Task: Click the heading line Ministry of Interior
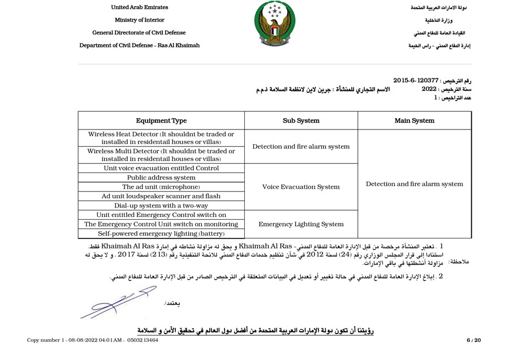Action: click(x=139, y=20)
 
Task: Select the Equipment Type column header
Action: click(x=161, y=120)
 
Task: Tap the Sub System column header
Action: click(x=301, y=120)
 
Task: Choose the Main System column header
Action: click(x=415, y=120)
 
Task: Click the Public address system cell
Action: click(x=161, y=177)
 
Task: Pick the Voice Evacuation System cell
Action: click(x=301, y=187)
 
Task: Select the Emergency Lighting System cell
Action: click(x=301, y=224)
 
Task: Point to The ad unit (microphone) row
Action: click(x=161, y=187)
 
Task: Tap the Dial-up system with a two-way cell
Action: click(x=161, y=206)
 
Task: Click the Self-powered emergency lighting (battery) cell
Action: click(x=161, y=233)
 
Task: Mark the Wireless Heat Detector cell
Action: click(x=161, y=138)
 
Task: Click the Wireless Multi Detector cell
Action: click(x=161, y=155)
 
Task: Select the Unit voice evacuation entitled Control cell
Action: click(x=161, y=168)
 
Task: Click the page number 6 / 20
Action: click(x=473, y=340)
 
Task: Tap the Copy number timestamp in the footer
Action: click(x=93, y=340)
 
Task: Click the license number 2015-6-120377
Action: click(x=416, y=81)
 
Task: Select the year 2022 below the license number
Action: click(x=429, y=89)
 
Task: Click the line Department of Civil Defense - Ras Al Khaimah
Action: click(x=139, y=45)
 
